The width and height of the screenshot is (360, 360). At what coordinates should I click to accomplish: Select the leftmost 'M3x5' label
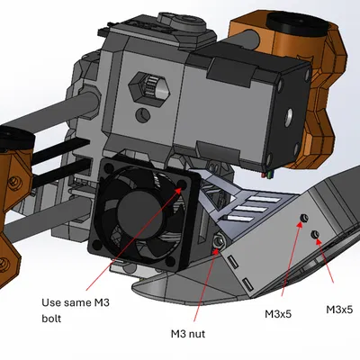point(281,314)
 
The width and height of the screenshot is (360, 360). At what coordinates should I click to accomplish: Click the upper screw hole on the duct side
point(303,219)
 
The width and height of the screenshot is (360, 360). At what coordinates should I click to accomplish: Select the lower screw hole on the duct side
point(316,235)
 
